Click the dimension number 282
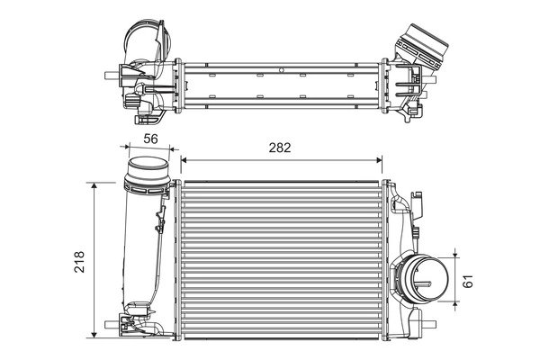point(280,148)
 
